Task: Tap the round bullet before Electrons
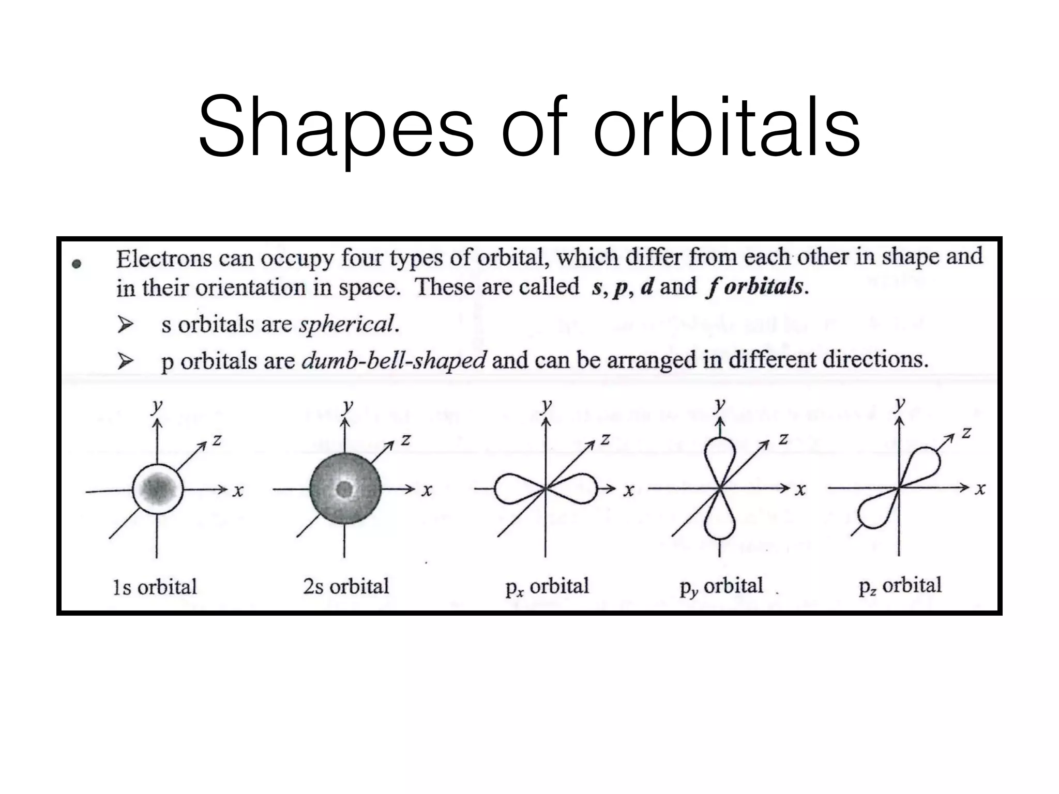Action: click(x=77, y=264)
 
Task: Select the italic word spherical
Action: click(x=346, y=325)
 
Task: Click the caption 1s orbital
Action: click(x=155, y=587)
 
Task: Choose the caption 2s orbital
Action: click(x=346, y=586)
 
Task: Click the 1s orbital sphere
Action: click(x=158, y=488)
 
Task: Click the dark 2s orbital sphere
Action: click(x=345, y=488)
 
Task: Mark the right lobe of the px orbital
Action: click(x=577, y=488)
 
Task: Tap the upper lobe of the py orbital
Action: click(x=719, y=455)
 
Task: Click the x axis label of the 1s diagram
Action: click(x=238, y=491)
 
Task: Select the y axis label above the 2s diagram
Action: click(x=348, y=406)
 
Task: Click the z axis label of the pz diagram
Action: click(x=966, y=432)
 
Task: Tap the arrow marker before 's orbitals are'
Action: click(x=125, y=325)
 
